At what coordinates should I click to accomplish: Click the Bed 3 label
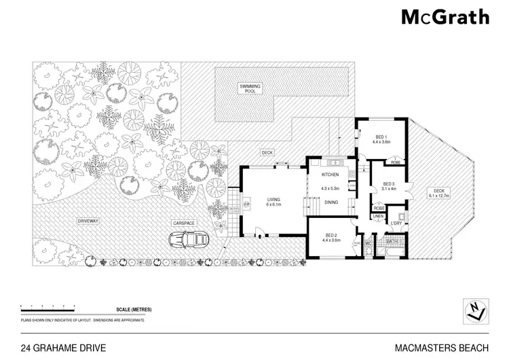click(x=389, y=183)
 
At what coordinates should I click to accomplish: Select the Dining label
click(x=333, y=202)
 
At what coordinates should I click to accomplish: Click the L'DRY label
click(x=396, y=222)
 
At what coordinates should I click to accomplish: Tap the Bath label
click(x=392, y=240)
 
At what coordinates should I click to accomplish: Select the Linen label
click(x=378, y=217)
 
